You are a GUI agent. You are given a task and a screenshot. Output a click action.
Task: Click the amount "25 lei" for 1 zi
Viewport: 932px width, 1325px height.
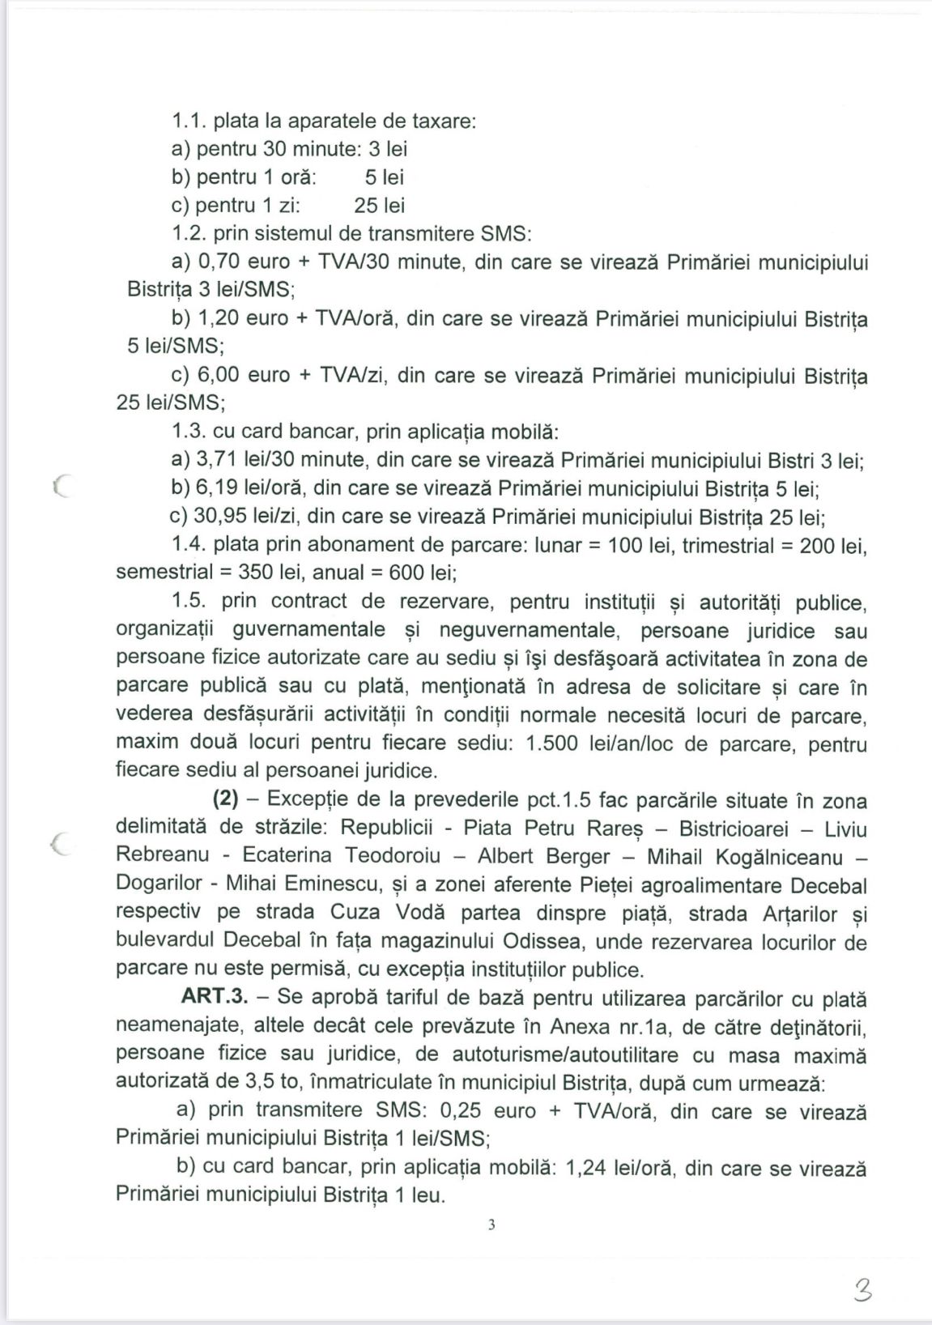[379, 206]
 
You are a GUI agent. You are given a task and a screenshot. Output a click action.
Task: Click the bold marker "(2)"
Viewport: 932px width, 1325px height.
[225, 799]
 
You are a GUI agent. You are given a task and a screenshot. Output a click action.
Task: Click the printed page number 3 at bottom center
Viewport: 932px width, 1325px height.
[492, 1225]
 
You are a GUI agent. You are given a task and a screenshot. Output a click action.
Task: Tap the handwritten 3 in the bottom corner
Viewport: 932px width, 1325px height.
[862, 1288]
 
